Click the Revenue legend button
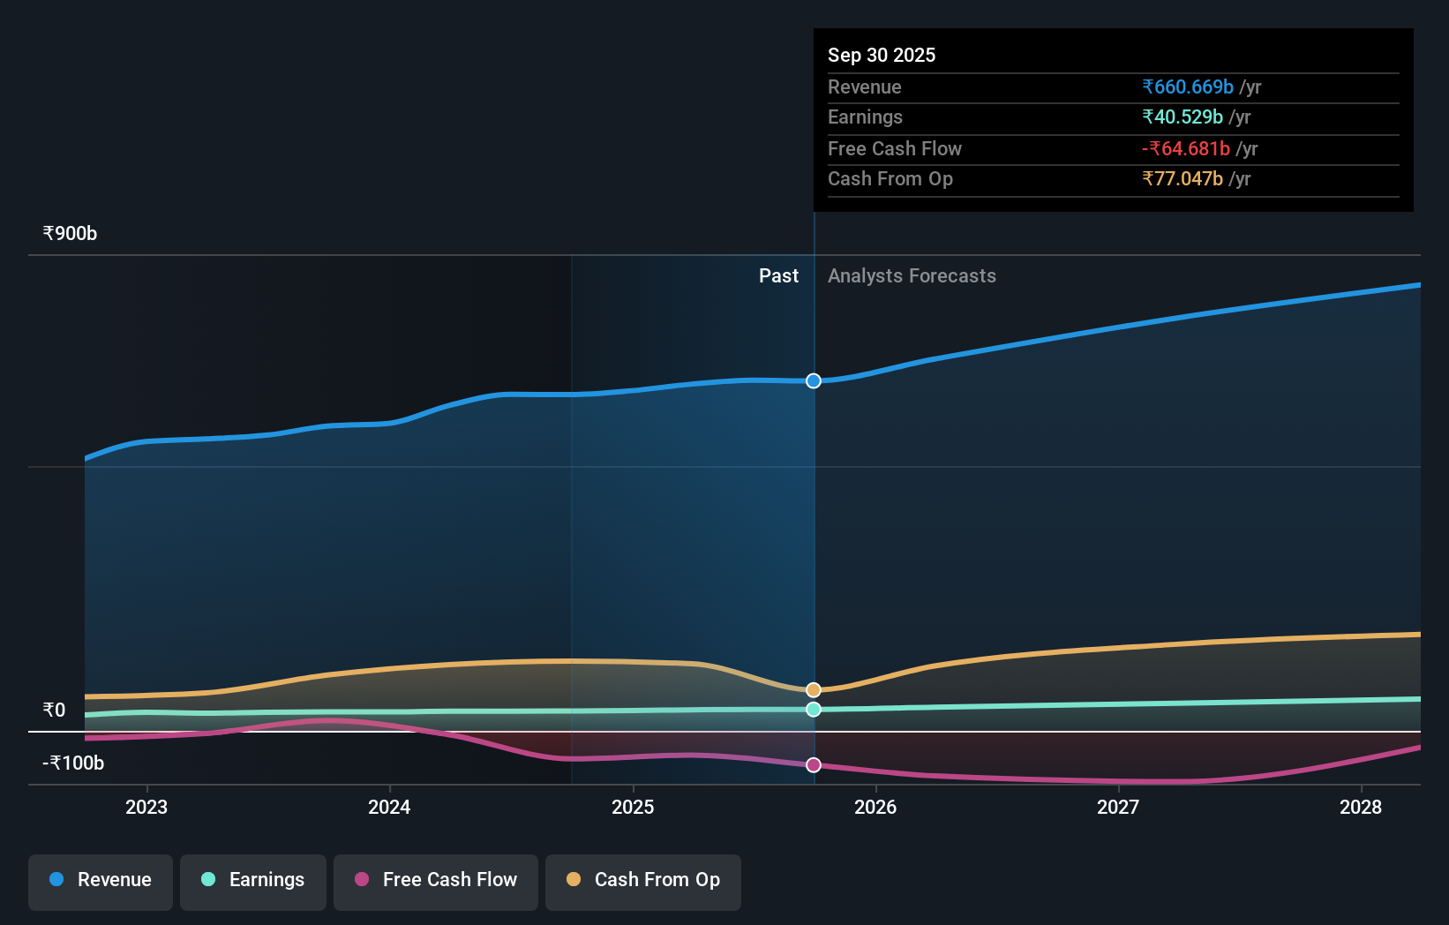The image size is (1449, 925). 101,880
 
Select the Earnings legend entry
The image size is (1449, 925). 253,880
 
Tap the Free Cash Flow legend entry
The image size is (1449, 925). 436,880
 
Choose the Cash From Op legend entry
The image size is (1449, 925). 643,880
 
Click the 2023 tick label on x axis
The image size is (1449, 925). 146,807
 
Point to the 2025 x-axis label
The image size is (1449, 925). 633,807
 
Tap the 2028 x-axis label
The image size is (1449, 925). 1361,807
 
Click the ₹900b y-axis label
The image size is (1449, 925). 70,234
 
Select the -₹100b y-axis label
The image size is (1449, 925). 73,763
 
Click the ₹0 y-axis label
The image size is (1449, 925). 54,711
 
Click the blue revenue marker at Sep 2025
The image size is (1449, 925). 814,381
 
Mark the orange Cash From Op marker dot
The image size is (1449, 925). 814,690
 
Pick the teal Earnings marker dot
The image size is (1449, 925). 814,710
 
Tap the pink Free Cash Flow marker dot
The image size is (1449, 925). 814,765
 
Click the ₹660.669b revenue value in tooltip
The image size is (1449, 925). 1188,87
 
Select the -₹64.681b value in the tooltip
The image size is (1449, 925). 1186,149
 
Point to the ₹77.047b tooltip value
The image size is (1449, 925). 1182,179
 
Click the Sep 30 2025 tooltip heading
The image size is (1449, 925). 882,56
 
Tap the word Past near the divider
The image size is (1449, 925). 778,276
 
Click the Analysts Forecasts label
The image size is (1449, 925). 912,276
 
